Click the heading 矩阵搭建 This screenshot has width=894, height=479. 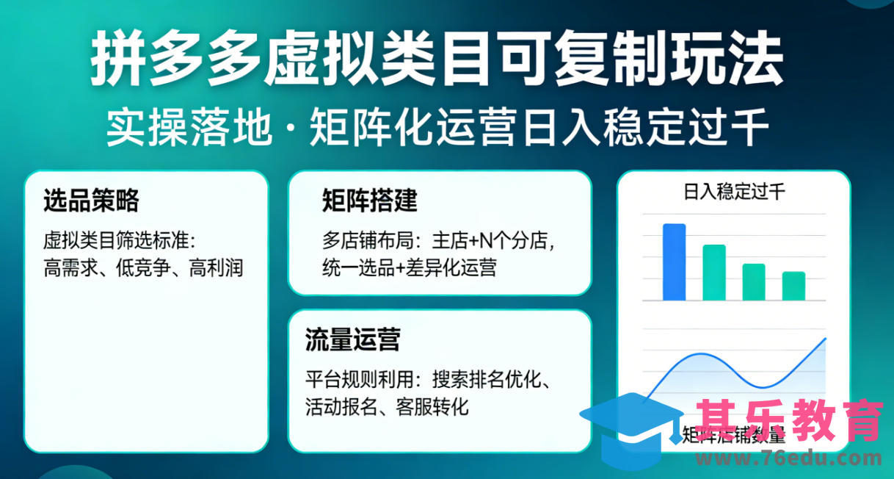(369, 200)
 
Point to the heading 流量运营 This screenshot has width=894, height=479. (352, 341)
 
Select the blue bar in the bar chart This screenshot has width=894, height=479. (674, 262)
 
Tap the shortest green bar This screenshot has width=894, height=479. (793, 286)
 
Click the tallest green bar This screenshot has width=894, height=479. (714, 273)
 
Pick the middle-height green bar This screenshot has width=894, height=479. (754, 282)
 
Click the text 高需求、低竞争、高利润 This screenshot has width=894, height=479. (143, 268)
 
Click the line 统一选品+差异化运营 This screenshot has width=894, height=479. (409, 268)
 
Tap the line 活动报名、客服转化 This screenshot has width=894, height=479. (387, 406)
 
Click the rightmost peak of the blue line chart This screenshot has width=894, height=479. (825, 339)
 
